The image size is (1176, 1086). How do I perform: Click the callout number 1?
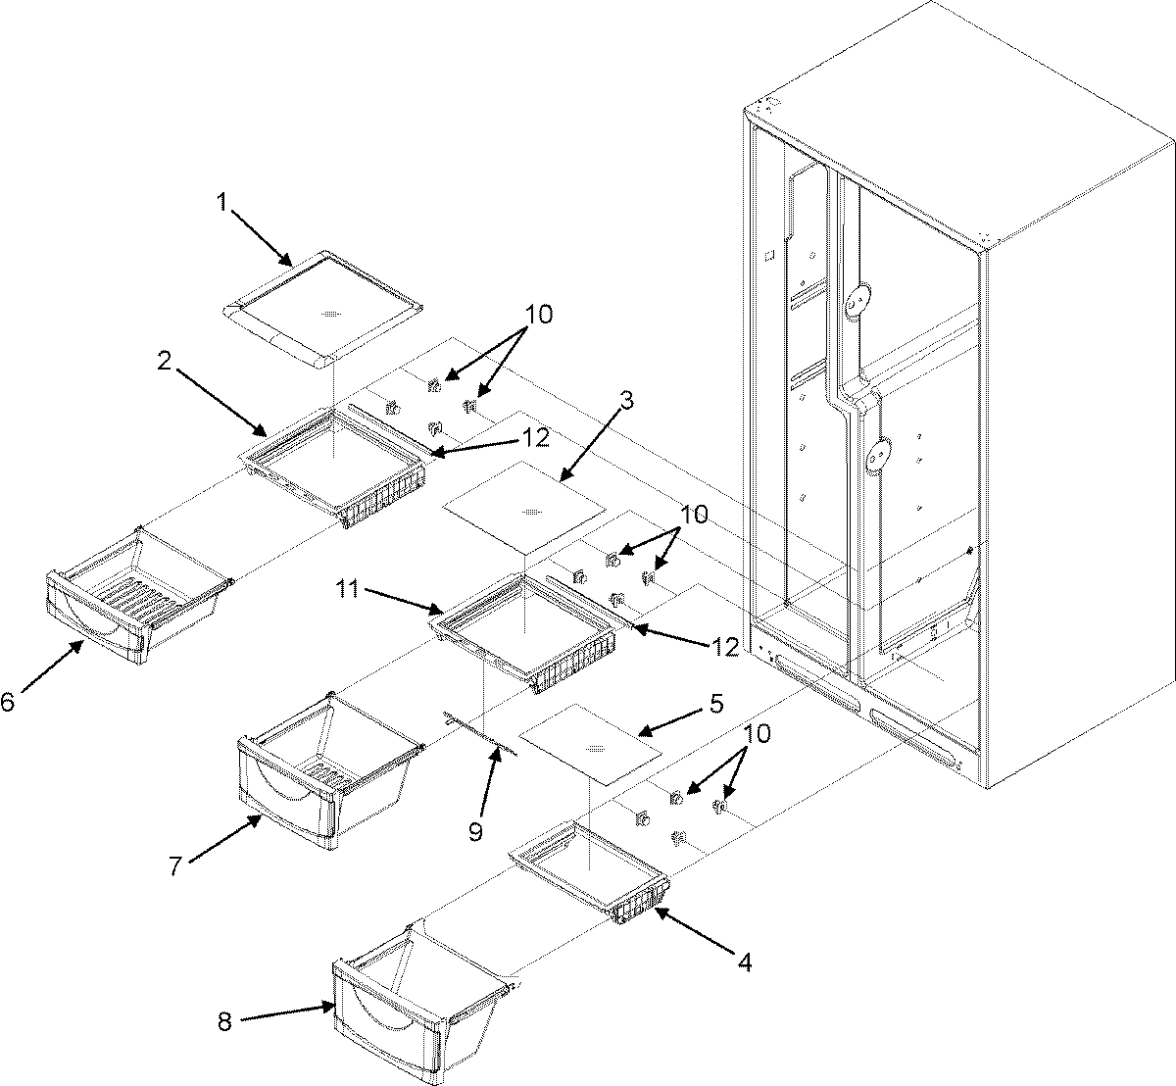pos(221,203)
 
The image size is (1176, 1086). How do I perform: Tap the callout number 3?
pos(626,400)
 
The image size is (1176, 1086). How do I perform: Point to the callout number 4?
pos(744,963)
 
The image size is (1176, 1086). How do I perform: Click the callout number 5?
pos(716,703)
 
